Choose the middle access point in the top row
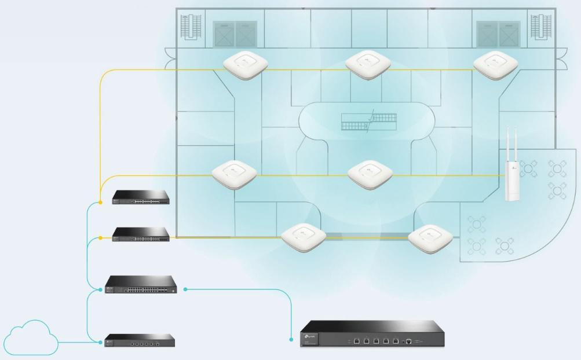pos(368,64)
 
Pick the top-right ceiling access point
pos(496,64)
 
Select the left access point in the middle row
pos(233,172)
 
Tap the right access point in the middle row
pos(370,173)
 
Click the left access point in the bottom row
pos(303,236)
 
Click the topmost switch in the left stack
pos(141,197)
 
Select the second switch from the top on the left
pos(141,234)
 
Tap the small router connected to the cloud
pos(139,340)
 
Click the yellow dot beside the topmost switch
pos(100,202)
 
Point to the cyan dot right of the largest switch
pos(186,288)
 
